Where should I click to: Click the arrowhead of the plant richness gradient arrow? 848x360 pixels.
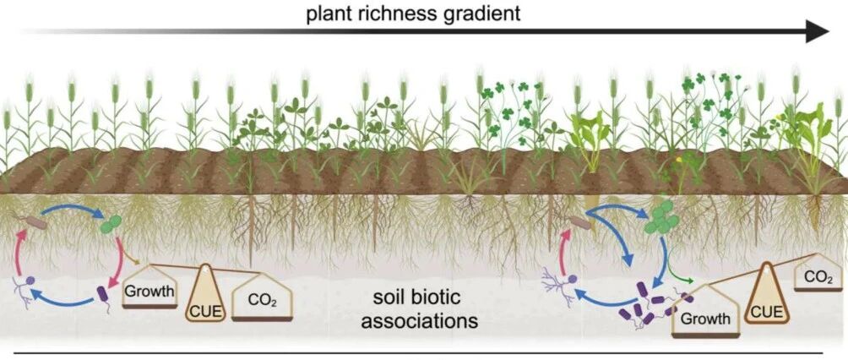tap(818, 31)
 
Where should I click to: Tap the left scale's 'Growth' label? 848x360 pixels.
tap(149, 292)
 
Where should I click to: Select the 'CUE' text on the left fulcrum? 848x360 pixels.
tap(205, 311)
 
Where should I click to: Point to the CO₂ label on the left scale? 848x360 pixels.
tap(263, 299)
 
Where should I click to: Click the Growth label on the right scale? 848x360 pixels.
tap(704, 319)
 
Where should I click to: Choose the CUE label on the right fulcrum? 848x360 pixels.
tap(768, 311)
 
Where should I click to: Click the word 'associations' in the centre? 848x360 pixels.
tap(420, 321)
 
